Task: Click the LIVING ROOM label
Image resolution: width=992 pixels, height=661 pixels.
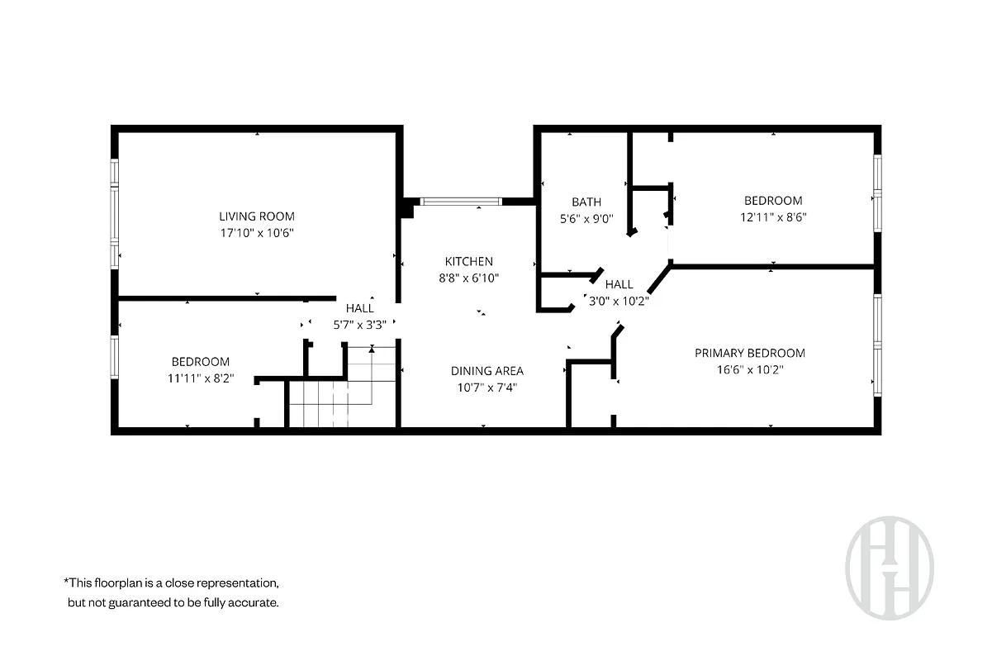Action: (257, 216)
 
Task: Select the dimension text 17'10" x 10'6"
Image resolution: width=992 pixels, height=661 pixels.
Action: (257, 233)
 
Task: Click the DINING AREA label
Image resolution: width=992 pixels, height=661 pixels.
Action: (487, 371)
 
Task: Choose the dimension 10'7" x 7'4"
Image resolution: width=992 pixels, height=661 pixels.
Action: (487, 387)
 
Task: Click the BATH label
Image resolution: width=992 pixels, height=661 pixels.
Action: (586, 202)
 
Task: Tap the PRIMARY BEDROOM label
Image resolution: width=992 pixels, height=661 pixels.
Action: (749, 353)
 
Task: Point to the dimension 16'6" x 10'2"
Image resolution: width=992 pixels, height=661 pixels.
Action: (749, 369)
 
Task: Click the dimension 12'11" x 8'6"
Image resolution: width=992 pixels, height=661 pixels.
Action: (772, 217)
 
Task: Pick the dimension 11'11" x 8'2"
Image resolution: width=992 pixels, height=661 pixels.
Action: (200, 378)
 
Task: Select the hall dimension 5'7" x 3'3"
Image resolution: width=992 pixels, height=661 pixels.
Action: (359, 325)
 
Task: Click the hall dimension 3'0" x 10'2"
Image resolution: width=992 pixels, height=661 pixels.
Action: (617, 301)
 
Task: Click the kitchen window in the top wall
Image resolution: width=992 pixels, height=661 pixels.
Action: (459, 201)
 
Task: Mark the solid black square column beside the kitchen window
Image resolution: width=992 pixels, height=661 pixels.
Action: (406, 207)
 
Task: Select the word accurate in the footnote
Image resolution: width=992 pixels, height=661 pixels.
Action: (254, 602)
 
